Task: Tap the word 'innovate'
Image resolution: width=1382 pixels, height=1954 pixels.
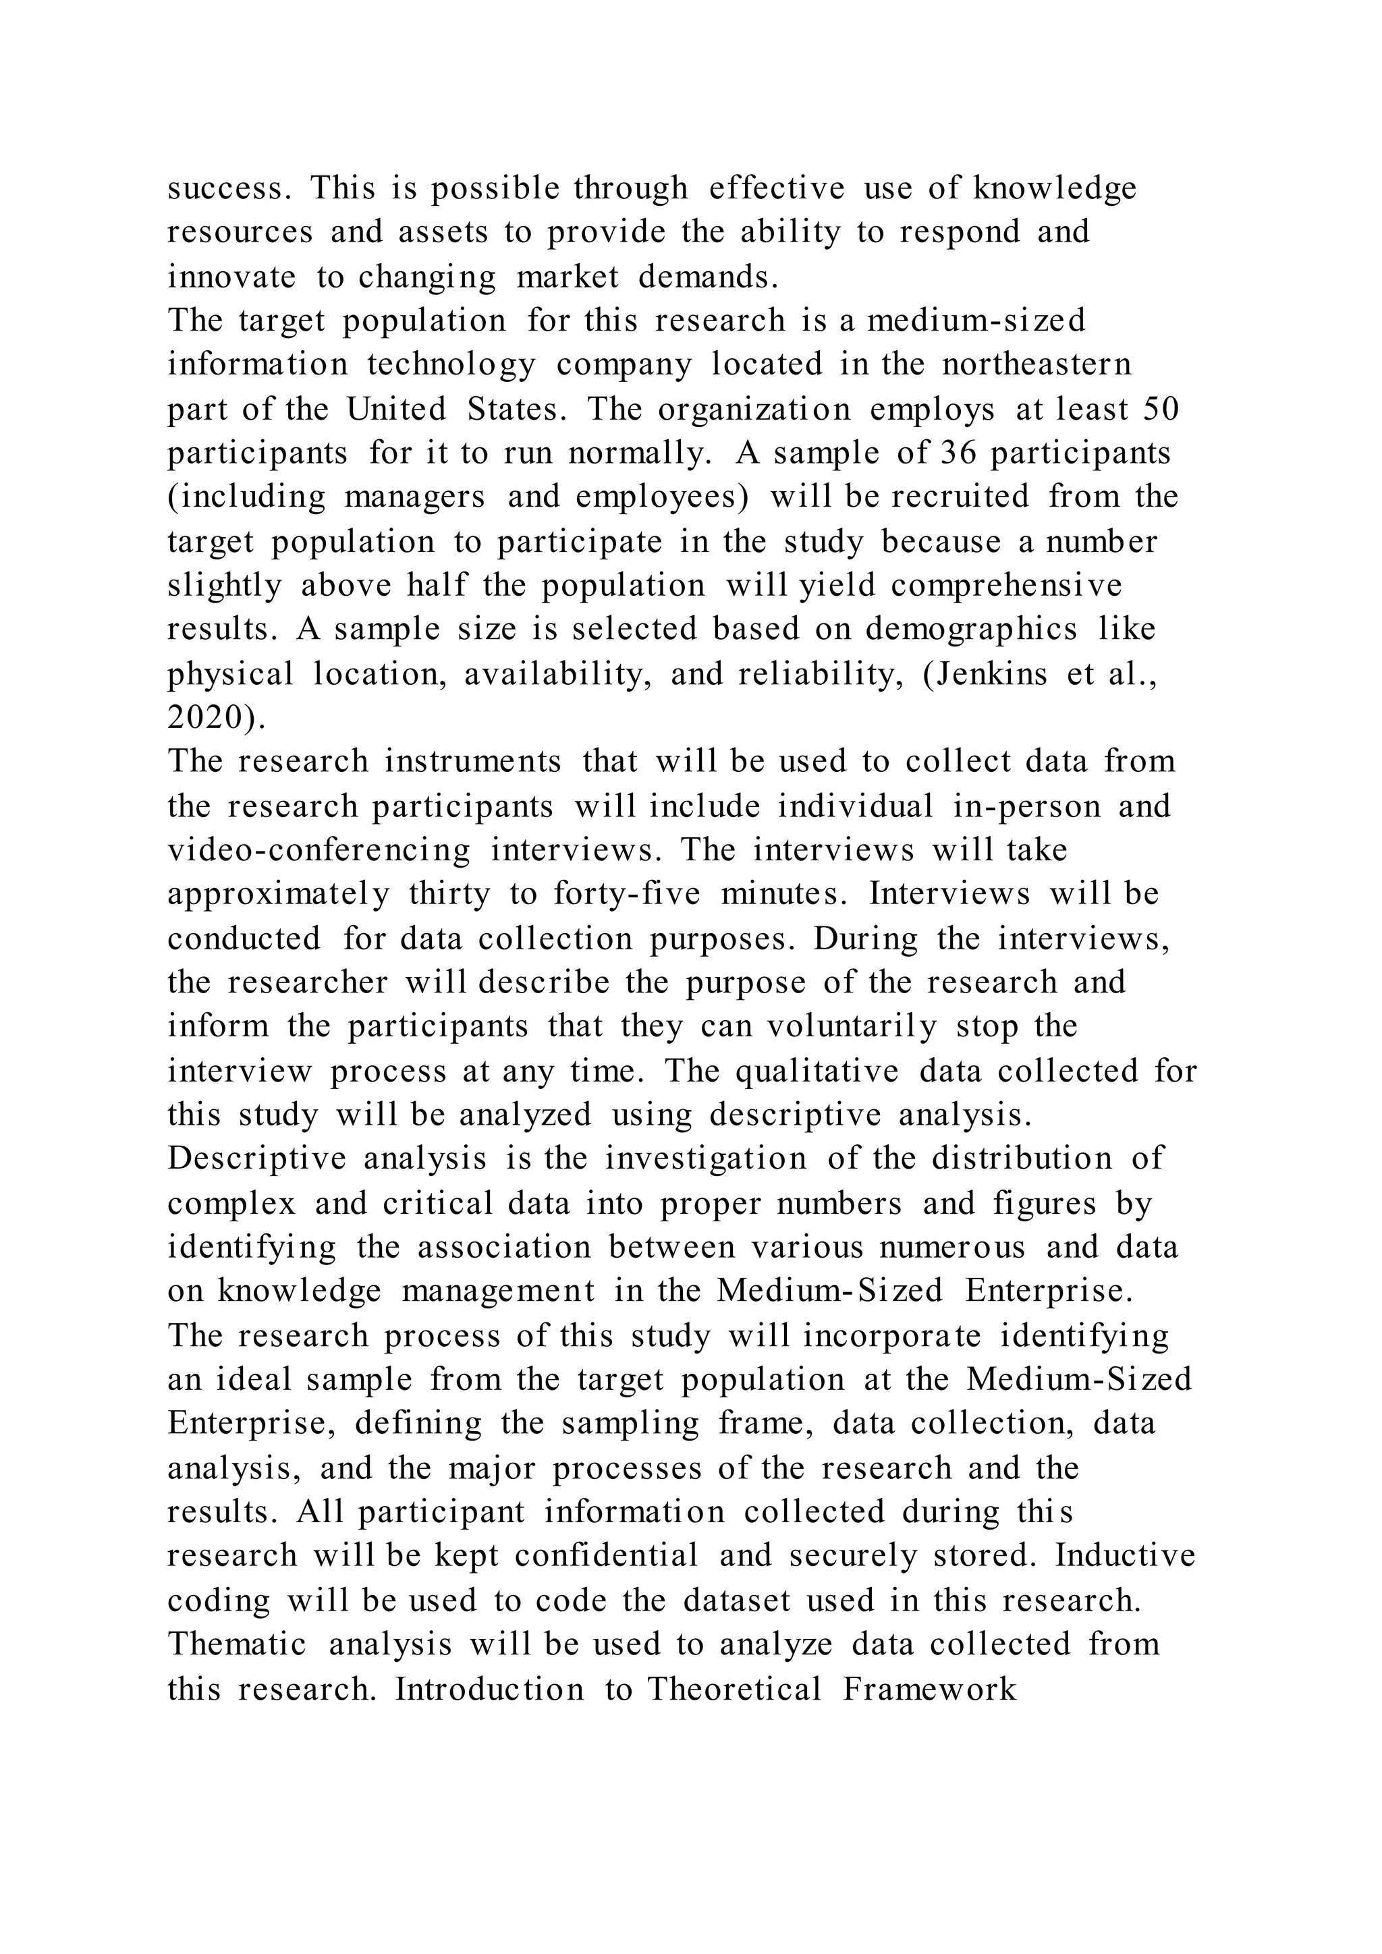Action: [x=231, y=277]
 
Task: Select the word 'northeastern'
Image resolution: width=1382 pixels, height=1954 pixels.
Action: [x=1036, y=364]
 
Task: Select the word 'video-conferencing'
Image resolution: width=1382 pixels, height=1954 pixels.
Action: [x=319, y=850]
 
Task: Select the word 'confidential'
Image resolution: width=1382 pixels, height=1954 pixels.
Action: [x=606, y=1555]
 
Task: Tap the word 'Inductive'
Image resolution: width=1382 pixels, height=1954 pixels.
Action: [x=1125, y=1555]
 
